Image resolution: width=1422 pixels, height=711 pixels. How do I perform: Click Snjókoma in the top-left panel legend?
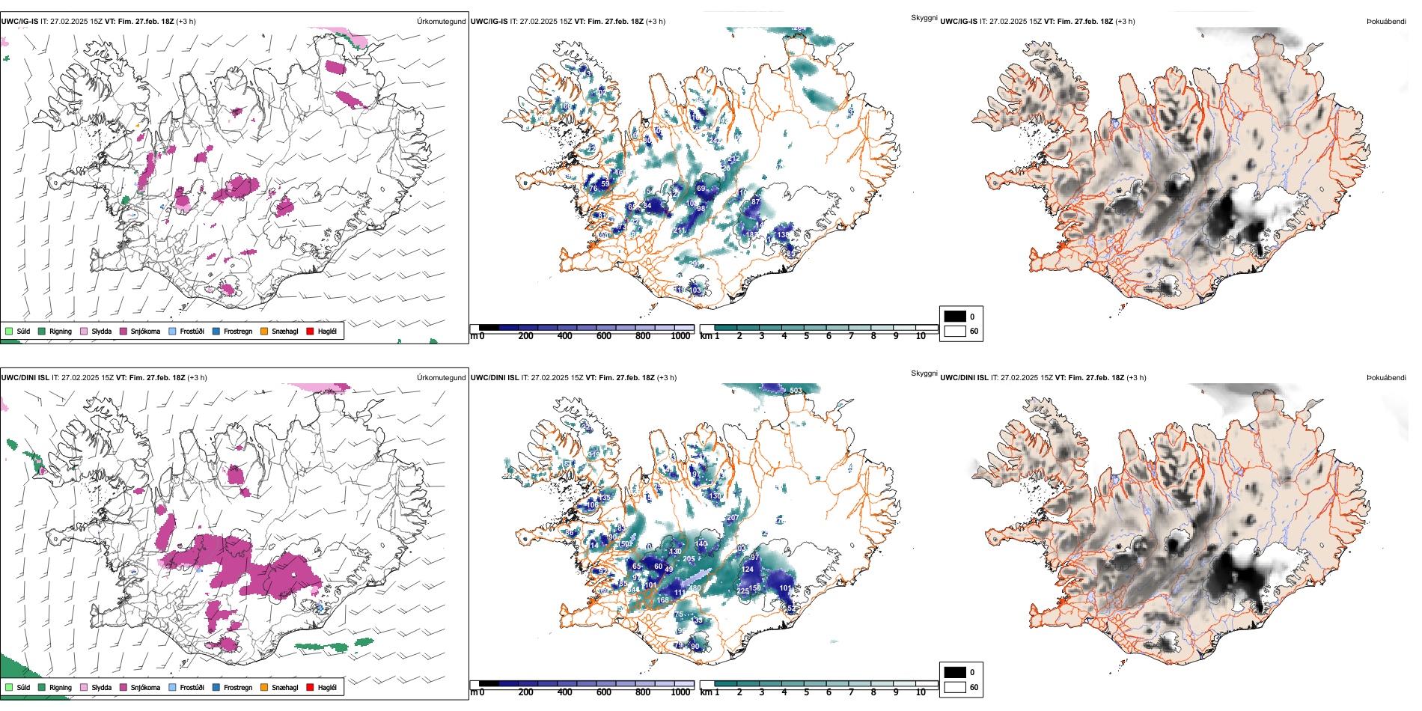tap(145, 331)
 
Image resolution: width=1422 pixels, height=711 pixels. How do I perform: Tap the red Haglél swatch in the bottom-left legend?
tap(310, 687)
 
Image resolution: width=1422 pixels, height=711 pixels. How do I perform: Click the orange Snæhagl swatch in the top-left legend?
tap(264, 331)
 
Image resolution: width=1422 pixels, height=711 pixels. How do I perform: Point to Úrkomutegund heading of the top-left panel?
tap(441, 21)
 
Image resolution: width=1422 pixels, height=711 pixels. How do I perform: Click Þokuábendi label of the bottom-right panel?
tap(1386, 377)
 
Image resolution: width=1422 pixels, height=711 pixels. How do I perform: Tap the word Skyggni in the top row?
tap(924, 17)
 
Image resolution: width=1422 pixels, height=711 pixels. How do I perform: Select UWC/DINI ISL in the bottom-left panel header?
tap(19, 377)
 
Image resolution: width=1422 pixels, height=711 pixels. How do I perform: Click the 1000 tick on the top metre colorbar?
tap(680, 336)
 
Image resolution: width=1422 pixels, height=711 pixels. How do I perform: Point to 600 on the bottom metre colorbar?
tap(603, 692)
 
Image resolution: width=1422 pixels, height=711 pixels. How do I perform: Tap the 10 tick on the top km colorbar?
tap(921, 336)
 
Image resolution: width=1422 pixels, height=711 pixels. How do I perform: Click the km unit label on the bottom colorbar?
tap(705, 692)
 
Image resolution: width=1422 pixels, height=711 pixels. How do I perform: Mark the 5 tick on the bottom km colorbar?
tap(806, 692)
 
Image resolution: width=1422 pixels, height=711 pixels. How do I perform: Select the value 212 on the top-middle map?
tap(679, 231)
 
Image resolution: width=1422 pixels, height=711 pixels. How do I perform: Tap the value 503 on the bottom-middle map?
tap(796, 390)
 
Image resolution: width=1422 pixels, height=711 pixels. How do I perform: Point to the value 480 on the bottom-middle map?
tap(695, 588)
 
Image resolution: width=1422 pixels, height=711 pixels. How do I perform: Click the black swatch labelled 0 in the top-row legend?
tap(955, 316)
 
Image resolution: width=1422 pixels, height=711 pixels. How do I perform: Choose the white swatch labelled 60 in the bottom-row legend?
tap(955, 686)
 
